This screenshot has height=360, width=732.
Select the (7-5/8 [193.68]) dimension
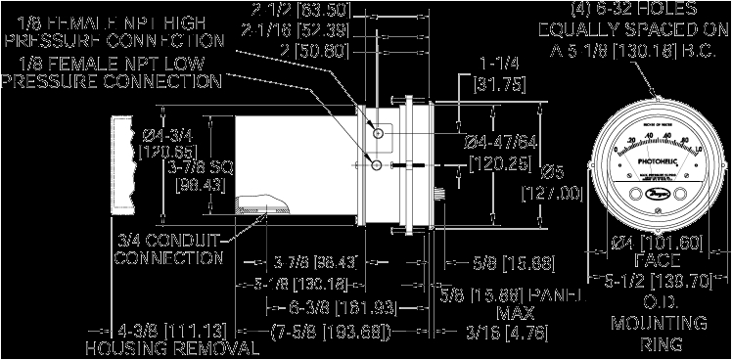(331, 332)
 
